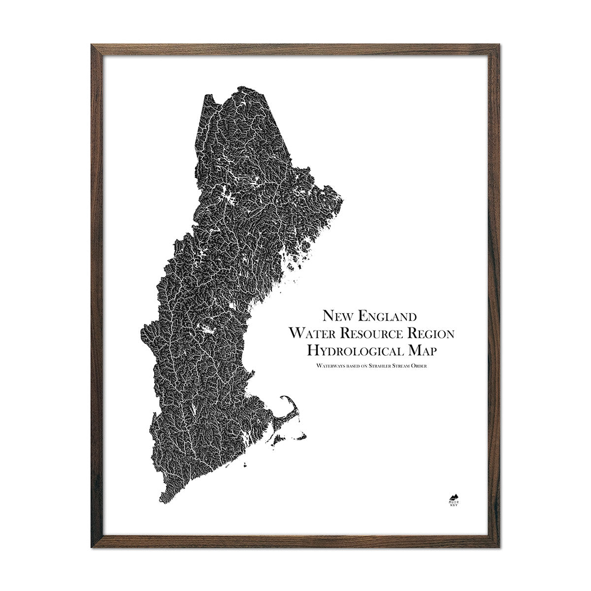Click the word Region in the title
431,334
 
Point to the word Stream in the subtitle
409,365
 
